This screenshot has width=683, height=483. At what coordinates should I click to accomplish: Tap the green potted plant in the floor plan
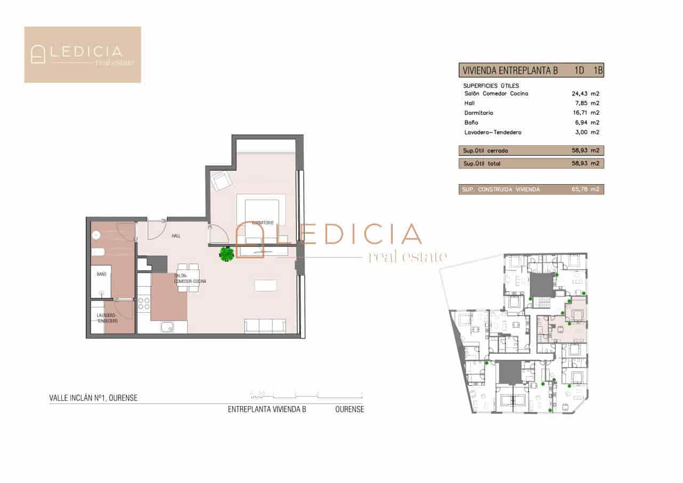click(x=227, y=254)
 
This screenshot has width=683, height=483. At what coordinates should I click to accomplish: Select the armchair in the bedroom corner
click(x=220, y=182)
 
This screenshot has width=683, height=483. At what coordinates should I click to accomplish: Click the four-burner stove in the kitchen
click(x=144, y=303)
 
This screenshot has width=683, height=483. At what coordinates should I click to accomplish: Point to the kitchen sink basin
click(x=168, y=327)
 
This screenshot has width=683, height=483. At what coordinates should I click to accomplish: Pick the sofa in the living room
click(x=265, y=326)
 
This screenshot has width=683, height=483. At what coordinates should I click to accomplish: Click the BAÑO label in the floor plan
click(x=101, y=274)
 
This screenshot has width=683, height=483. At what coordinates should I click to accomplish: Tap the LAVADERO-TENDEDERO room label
click(x=107, y=319)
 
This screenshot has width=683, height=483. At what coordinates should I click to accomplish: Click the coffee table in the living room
click(x=265, y=286)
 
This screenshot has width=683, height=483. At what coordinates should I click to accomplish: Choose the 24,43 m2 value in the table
click(x=585, y=94)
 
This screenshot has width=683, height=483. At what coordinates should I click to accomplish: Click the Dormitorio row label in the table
click(x=479, y=113)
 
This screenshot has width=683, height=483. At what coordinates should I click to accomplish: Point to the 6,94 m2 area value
click(x=585, y=123)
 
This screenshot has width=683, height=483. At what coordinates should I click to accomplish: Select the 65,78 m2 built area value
click(x=585, y=189)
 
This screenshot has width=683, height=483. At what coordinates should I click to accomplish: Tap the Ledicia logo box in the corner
click(x=82, y=54)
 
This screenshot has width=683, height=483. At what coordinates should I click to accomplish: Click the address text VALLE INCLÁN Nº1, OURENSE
click(x=93, y=398)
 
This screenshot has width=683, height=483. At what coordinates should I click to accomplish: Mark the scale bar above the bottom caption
click(x=307, y=395)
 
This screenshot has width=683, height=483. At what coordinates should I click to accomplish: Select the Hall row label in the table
click(x=470, y=104)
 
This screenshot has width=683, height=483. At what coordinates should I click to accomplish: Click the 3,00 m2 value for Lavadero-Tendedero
click(x=585, y=132)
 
